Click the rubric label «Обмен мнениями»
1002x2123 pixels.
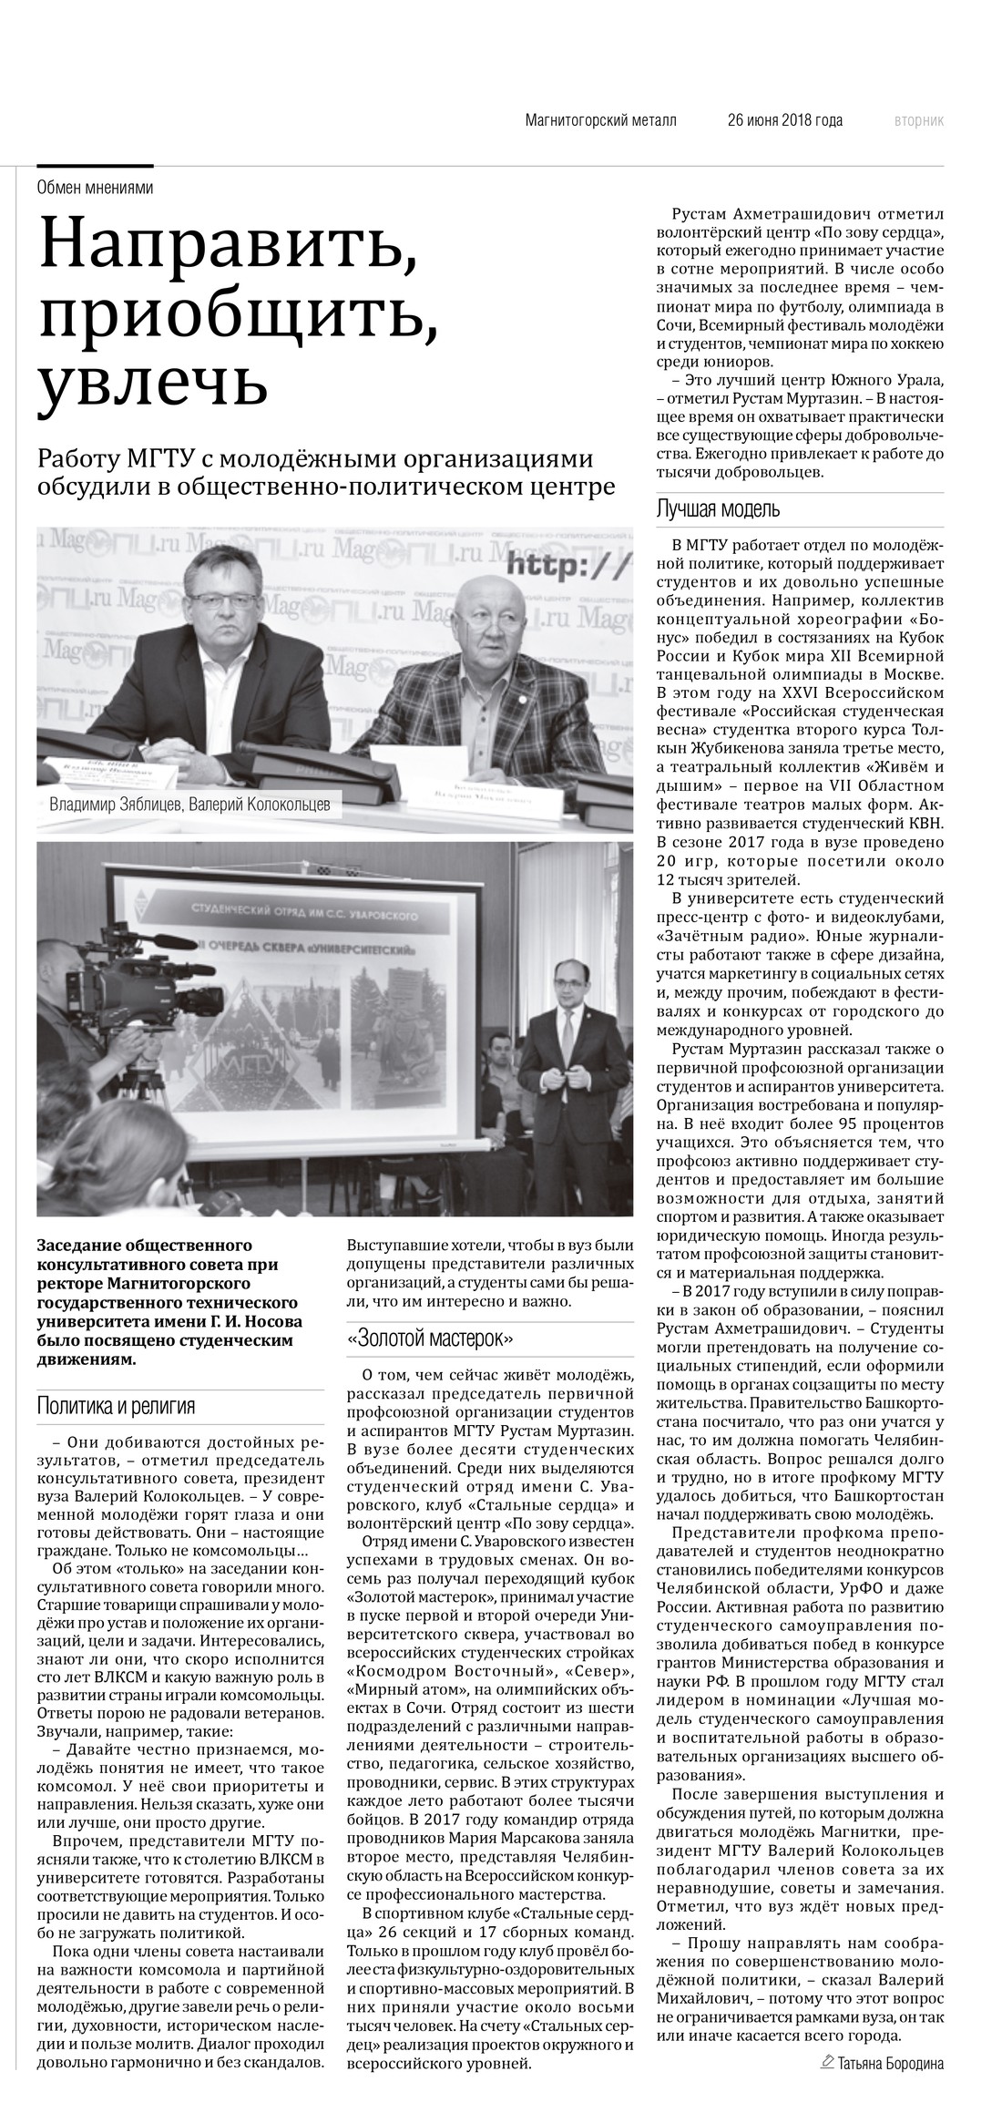tap(95, 188)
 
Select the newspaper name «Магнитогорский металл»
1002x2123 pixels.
tap(601, 120)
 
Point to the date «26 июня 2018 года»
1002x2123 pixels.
tap(784, 120)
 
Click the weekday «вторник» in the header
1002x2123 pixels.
tap(918, 120)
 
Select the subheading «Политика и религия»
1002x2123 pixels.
tap(116, 1406)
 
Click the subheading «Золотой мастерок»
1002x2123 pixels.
tap(431, 1338)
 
